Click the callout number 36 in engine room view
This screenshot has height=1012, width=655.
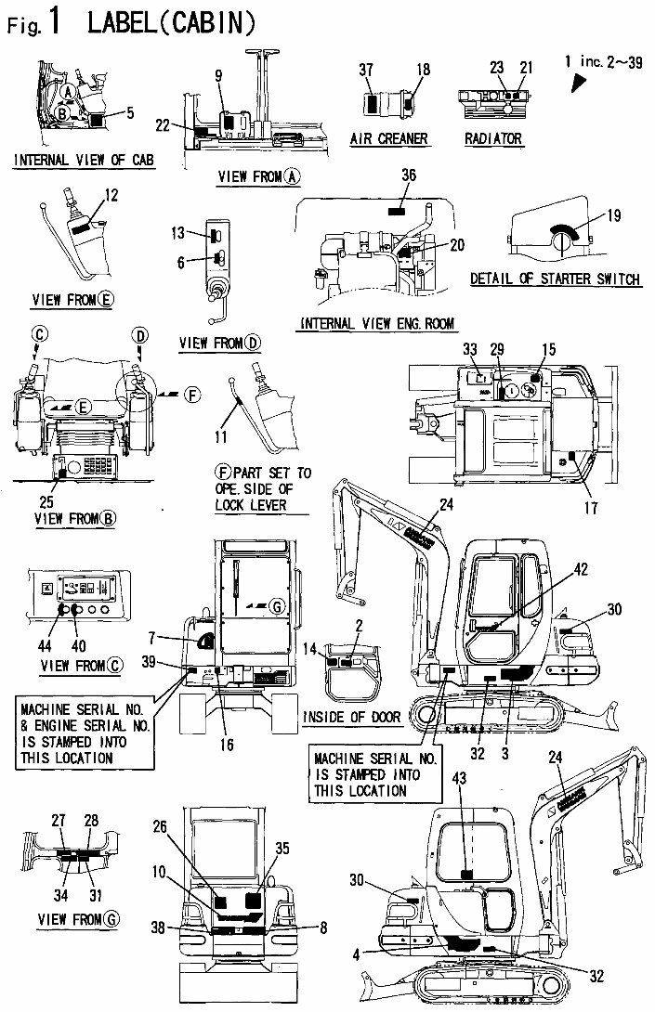pos(409,174)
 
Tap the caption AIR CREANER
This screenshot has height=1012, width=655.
pos(388,138)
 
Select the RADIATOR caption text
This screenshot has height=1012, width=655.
pos(493,139)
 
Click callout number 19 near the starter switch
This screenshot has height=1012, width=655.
pos(614,215)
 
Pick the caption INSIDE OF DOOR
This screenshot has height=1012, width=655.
pos(363,717)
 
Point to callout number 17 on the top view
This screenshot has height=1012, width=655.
pos(591,507)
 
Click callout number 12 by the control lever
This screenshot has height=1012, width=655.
pos(111,196)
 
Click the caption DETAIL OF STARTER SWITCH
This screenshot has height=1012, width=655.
pos(556,279)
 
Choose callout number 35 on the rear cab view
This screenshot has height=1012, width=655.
pos(282,849)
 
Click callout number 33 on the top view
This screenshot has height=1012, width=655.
pos(470,349)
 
